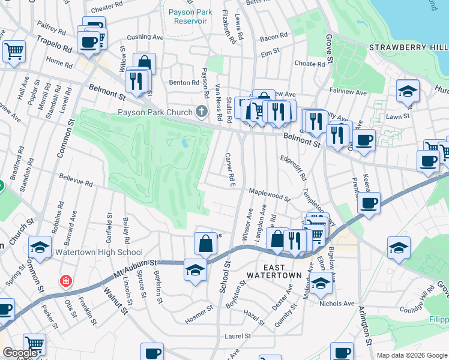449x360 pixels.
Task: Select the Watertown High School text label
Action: [x=99, y=253]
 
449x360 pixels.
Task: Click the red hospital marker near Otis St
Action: [x=65, y=281]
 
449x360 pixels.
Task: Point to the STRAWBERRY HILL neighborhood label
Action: [x=408, y=47]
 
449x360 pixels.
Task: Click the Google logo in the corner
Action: [x=19, y=353]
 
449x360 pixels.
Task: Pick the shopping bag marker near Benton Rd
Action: [x=144, y=63]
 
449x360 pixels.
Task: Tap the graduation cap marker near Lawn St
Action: [x=408, y=92]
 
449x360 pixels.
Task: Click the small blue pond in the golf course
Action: [x=184, y=143]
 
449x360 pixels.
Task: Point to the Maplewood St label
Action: [x=270, y=194]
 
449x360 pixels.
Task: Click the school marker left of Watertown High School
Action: [x=39, y=248]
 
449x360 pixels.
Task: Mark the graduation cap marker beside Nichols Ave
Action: [x=321, y=284]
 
